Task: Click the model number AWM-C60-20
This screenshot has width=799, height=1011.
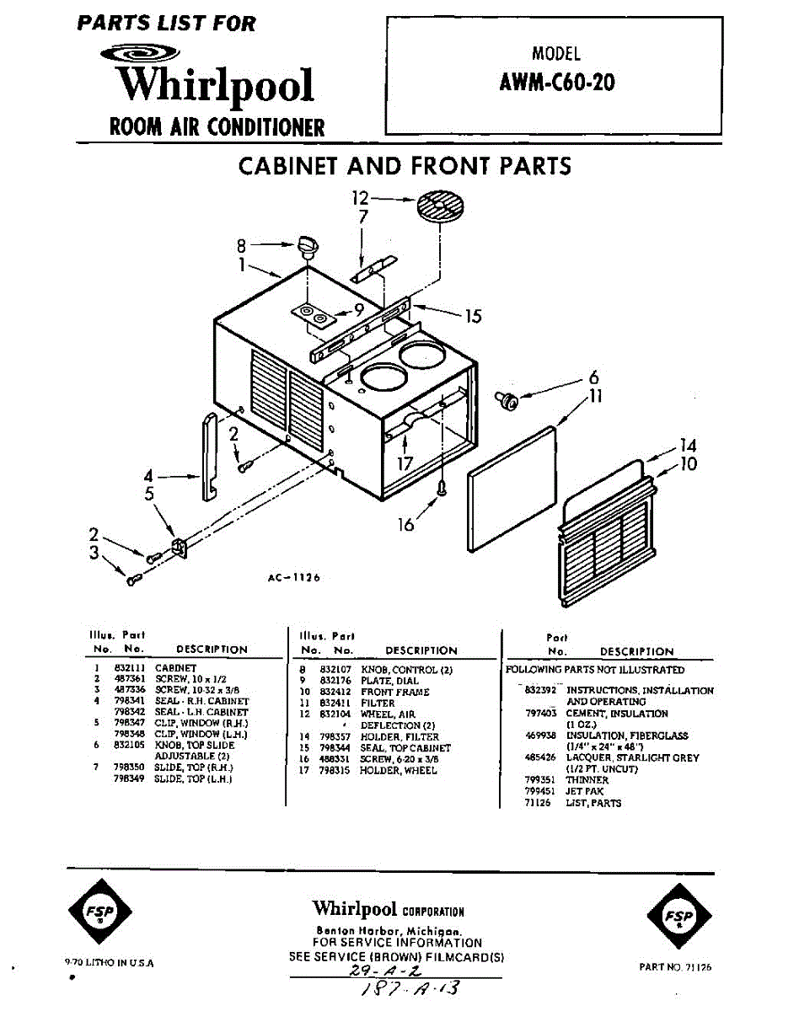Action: pyautogui.click(x=556, y=84)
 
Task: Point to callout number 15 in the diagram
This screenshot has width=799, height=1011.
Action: pyautogui.click(x=473, y=317)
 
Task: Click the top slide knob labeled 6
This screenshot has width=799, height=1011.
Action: pyautogui.click(x=509, y=401)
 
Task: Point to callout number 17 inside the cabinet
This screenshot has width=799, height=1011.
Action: pyautogui.click(x=405, y=463)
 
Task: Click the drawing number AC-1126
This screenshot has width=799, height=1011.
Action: pyautogui.click(x=292, y=578)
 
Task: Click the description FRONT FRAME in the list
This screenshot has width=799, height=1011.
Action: pyautogui.click(x=394, y=692)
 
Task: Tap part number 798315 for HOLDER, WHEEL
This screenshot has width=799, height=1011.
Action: pyautogui.click(x=335, y=770)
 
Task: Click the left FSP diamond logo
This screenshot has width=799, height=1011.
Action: pyautogui.click(x=99, y=915)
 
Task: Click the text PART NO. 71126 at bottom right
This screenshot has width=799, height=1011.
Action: pyautogui.click(x=675, y=968)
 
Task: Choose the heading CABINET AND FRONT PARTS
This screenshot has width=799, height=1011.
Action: pyautogui.click(x=405, y=166)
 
